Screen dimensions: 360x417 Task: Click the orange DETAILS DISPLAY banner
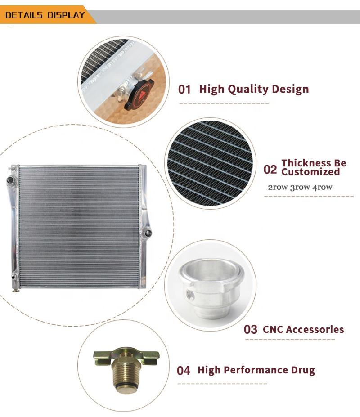click(x=46, y=15)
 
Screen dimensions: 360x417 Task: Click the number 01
click(x=184, y=90)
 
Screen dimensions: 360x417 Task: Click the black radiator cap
click(x=139, y=95)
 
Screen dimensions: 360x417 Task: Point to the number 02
click(x=270, y=170)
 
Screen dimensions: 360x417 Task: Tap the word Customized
click(x=310, y=172)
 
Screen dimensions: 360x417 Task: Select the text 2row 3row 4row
click(x=300, y=187)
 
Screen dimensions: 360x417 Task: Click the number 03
click(x=250, y=329)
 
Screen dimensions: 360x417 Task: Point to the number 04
click(x=184, y=371)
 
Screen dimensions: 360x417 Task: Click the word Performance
click(x=256, y=370)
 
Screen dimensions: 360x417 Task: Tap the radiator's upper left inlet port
click(x=11, y=180)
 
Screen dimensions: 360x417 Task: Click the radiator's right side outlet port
click(x=148, y=233)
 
